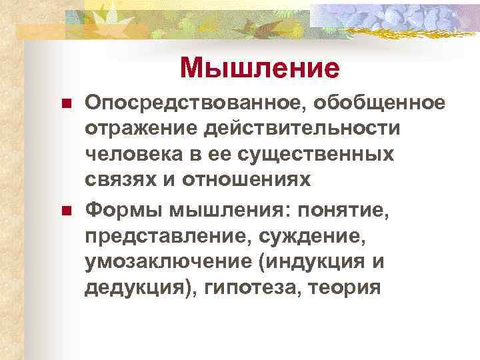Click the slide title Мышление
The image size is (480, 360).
tap(260, 67)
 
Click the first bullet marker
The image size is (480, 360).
tap(66, 105)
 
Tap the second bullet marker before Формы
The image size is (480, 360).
tap(66, 211)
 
